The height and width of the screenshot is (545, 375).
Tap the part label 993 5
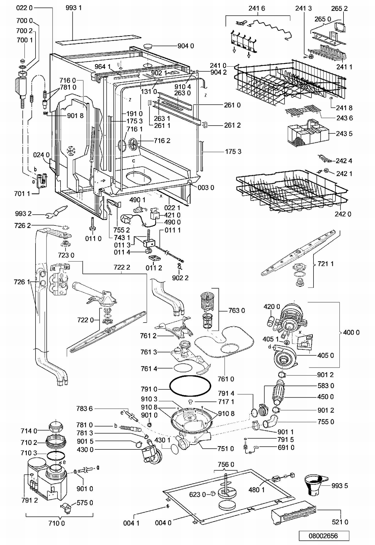click(x=339, y=486)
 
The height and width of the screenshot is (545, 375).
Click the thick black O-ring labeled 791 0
click(x=190, y=386)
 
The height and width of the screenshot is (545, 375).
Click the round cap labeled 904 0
click(x=148, y=47)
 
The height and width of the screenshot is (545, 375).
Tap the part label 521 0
click(x=340, y=522)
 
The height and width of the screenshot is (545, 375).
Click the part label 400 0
click(x=351, y=332)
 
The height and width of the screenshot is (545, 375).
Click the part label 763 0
click(x=236, y=311)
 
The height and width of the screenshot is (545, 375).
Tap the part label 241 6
click(x=256, y=8)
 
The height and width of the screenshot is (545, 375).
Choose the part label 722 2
click(x=122, y=267)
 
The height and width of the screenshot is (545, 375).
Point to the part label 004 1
click(x=131, y=523)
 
